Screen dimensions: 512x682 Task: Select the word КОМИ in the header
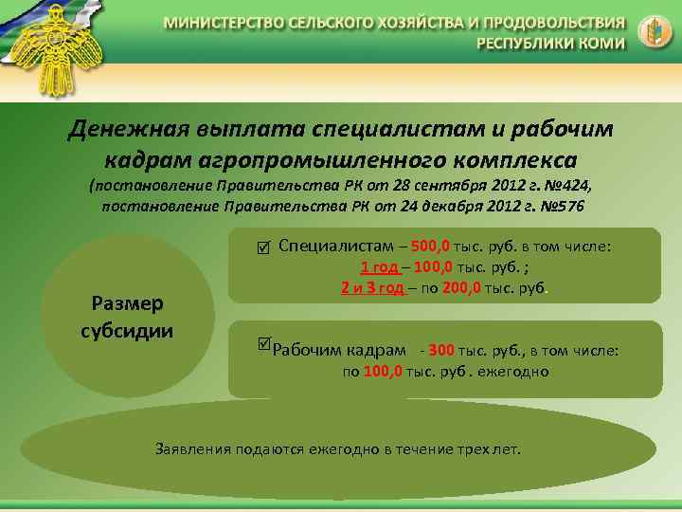[x=603, y=43]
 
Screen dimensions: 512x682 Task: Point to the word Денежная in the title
[x=129, y=129]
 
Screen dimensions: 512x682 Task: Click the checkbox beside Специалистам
[x=262, y=248]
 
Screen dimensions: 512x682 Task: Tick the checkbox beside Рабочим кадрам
[x=264, y=341]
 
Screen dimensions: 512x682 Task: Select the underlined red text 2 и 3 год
[x=373, y=287]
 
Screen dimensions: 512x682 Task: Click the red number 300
[x=441, y=351]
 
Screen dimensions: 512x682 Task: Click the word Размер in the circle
[x=129, y=302]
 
